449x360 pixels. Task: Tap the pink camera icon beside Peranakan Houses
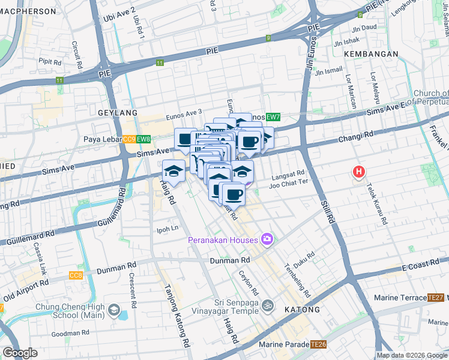pos(267,239)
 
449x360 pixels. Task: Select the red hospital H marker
pos(359,172)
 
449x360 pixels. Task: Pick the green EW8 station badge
pos(143,139)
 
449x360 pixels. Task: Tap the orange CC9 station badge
pos(128,139)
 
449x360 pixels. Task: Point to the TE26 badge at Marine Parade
pos(318,344)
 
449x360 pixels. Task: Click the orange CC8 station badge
pos(76,275)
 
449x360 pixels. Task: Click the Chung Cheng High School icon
pos(114,311)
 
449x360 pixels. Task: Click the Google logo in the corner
pos(20,353)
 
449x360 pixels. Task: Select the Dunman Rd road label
pos(229,260)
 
